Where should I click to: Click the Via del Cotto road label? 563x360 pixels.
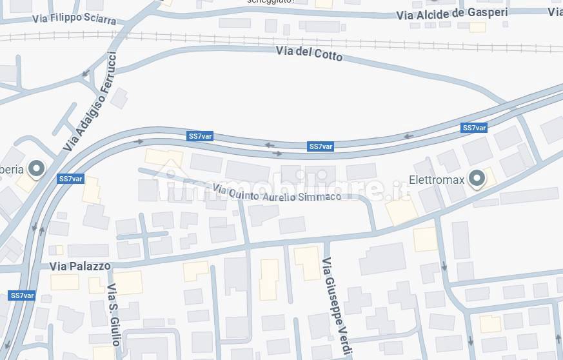[309, 54]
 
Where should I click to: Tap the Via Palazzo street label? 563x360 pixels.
[80, 266]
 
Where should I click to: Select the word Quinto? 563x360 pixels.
[245, 192]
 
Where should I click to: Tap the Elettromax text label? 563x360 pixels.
[437, 180]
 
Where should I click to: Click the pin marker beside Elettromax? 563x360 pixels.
[477, 178]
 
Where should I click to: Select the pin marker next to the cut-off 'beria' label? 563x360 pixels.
[37, 169]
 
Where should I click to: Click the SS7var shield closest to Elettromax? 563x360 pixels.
[474, 128]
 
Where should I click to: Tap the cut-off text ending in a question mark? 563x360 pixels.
[271, 2]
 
